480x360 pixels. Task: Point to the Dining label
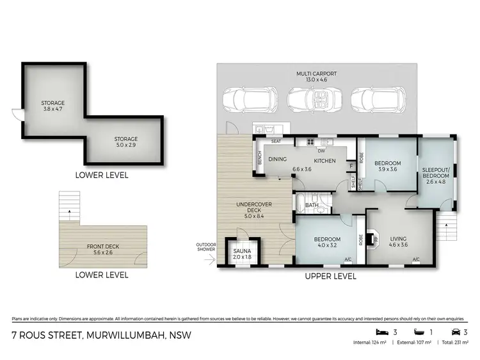tap(276, 160)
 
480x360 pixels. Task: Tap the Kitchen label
tap(325, 160)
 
